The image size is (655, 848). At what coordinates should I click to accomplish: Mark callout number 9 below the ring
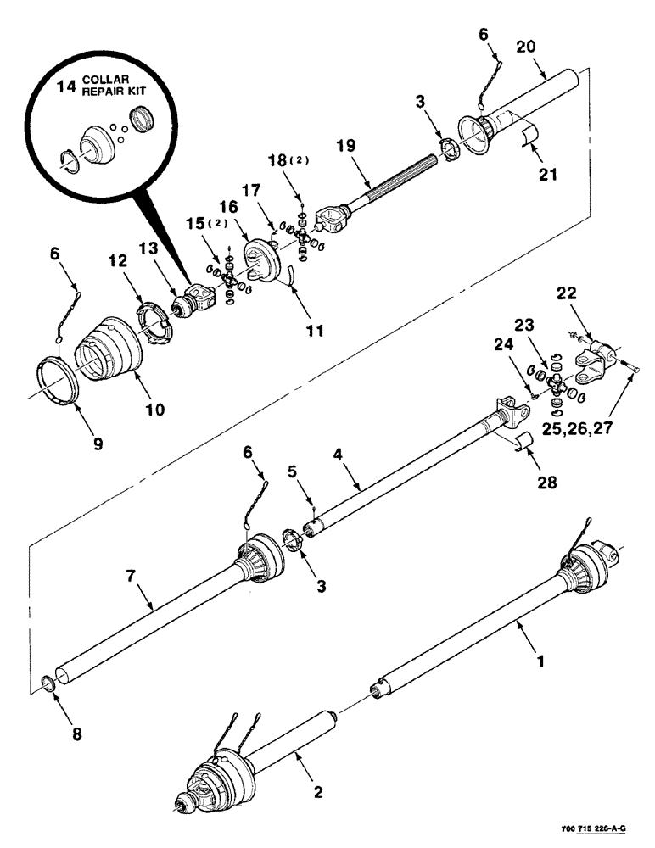pos(98,443)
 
